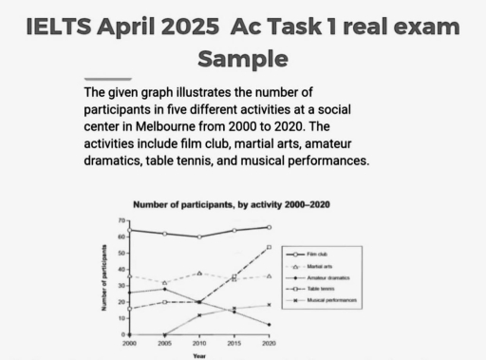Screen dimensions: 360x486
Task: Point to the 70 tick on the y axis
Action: tap(121, 220)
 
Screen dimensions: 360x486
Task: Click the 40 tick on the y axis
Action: tap(121, 270)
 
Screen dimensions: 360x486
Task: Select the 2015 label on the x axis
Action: tap(234, 342)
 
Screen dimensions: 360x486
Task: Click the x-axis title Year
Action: tap(197, 355)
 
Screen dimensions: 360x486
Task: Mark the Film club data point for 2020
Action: tap(270, 227)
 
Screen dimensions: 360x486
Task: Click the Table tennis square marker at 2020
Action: tap(270, 247)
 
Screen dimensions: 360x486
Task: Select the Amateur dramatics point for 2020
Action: tap(270, 325)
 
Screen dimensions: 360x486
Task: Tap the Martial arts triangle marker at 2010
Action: tap(199, 274)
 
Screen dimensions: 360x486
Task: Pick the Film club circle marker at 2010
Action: tap(199, 237)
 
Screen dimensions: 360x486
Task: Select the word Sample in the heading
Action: tap(242, 59)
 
